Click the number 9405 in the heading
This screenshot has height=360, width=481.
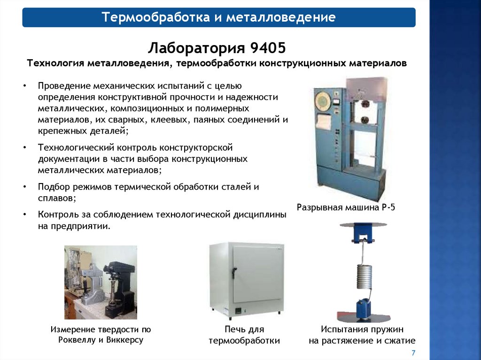[x=268, y=47]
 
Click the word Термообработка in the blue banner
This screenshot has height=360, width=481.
[x=155, y=17]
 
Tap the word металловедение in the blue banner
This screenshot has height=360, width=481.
[x=281, y=17]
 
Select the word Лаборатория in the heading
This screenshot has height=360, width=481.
[x=197, y=48]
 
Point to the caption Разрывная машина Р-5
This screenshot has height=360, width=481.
[x=346, y=207]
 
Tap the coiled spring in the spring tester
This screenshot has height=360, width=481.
[x=364, y=276]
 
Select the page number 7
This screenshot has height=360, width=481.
[x=413, y=352]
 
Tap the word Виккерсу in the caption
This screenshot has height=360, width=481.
[x=125, y=340]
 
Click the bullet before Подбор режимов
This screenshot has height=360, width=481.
[x=24, y=187]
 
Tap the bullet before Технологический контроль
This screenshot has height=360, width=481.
[x=24, y=147]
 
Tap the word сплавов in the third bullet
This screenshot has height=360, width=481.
[x=55, y=198]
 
